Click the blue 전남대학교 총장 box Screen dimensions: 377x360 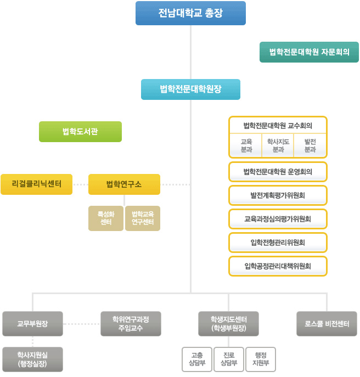[x=190, y=13]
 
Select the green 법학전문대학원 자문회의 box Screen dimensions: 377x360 [x=310, y=52]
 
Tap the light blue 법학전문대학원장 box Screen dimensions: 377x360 [x=190, y=89]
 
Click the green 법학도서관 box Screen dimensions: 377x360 [x=80, y=132]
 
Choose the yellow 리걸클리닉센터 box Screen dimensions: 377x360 [x=36, y=184]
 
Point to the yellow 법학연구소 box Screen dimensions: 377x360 [x=124, y=184]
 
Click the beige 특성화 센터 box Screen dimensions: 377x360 [x=106, y=218]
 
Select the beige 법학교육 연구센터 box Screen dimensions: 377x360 [x=142, y=218]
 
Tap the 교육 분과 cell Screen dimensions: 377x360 [x=246, y=145]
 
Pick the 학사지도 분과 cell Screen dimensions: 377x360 [x=278, y=145]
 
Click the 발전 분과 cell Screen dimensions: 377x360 [x=310, y=145]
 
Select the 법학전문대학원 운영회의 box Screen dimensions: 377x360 [x=278, y=171]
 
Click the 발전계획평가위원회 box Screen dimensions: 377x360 [x=278, y=195]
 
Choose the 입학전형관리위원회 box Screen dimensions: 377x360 [x=278, y=242]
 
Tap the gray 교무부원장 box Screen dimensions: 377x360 [x=32, y=324]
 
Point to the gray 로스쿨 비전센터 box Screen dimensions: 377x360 [x=327, y=324]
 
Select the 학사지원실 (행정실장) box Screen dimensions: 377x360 [x=32, y=359]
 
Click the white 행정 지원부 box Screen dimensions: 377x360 [x=261, y=359]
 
